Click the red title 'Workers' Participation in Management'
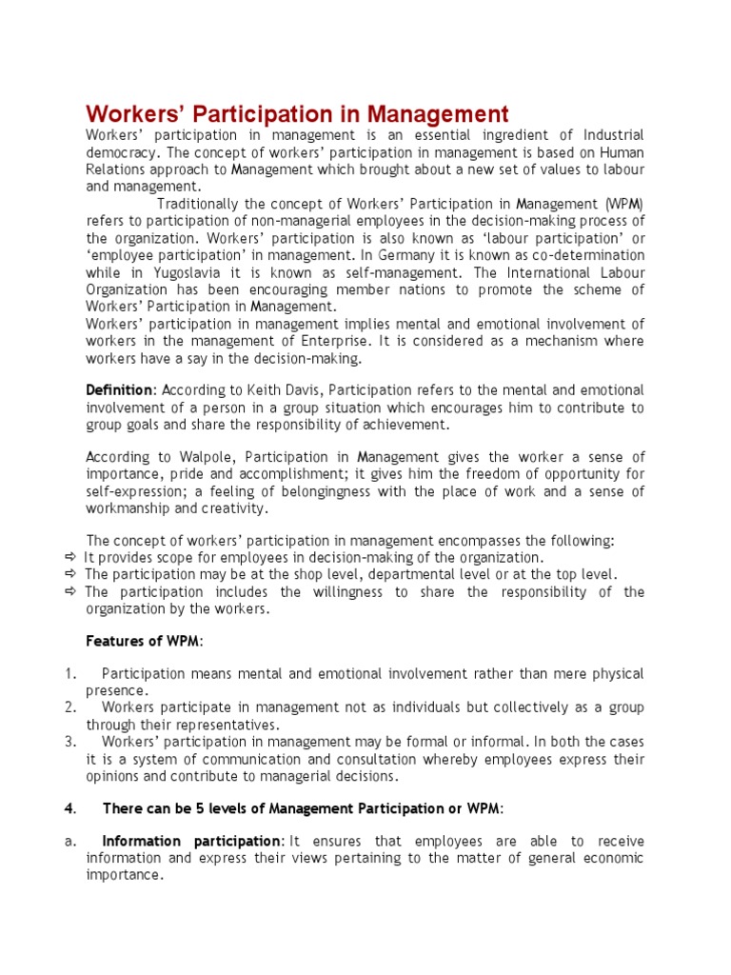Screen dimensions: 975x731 (x=297, y=114)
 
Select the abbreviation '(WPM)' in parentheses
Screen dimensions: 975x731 (x=623, y=204)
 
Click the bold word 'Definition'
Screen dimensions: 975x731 (x=119, y=390)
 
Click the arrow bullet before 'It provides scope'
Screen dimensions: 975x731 (x=70, y=558)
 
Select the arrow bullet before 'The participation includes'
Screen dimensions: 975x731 (x=70, y=592)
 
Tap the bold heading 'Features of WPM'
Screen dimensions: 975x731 (x=144, y=641)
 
